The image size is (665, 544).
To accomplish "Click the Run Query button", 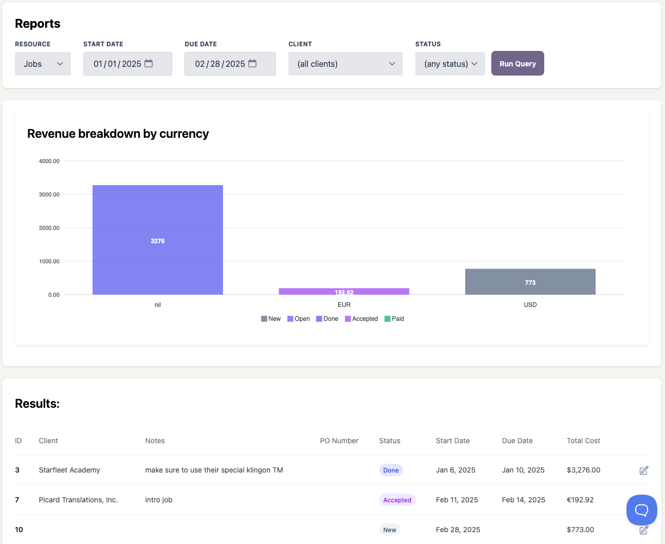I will pyautogui.click(x=518, y=64).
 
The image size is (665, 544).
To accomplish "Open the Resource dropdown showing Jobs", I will pyautogui.click(x=43, y=64).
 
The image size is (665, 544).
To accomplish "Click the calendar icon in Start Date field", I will pyautogui.click(x=149, y=63).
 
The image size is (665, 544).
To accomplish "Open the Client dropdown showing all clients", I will pyautogui.click(x=345, y=64).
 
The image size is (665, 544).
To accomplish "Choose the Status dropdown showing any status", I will pyautogui.click(x=450, y=64).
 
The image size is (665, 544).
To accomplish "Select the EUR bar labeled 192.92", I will pyautogui.click(x=344, y=292).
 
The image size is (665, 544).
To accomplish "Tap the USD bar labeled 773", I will pyautogui.click(x=530, y=282).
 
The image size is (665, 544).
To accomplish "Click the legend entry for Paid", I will pyautogui.click(x=394, y=319).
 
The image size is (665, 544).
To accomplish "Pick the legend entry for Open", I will pyautogui.click(x=299, y=319).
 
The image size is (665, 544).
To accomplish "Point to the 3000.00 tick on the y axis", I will pyautogui.click(x=49, y=194).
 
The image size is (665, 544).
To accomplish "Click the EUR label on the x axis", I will pyautogui.click(x=344, y=305).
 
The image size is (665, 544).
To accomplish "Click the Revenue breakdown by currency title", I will pyautogui.click(x=118, y=134).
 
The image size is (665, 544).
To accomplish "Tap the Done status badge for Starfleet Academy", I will pyautogui.click(x=391, y=470).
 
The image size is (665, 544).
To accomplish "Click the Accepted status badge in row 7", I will pyautogui.click(x=397, y=500).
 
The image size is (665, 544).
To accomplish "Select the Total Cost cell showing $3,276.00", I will pyautogui.click(x=583, y=470).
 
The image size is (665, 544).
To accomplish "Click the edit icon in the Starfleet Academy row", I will pyautogui.click(x=643, y=470).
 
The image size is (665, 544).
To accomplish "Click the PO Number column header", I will pyautogui.click(x=339, y=441).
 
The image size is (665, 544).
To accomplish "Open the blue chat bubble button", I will pyautogui.click(x=641, y=510).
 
